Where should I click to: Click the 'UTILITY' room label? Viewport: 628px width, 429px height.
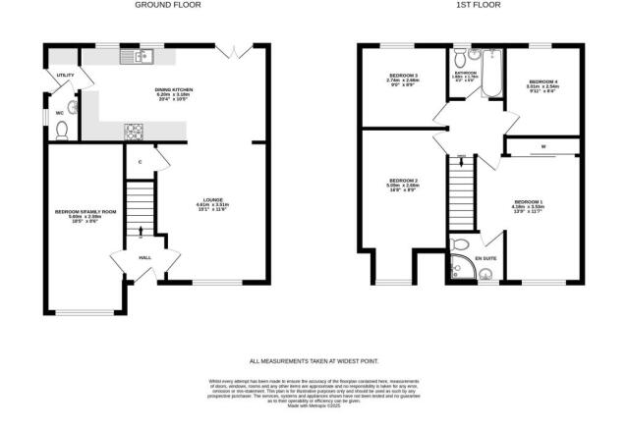66,75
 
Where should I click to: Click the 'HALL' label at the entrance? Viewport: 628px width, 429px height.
144,257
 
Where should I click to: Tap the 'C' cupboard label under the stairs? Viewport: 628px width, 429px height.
141,161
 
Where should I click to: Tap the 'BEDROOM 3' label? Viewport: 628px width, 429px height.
403,77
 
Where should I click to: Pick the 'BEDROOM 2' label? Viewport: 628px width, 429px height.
403,181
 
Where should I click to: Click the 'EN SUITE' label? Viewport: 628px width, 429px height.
486,257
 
